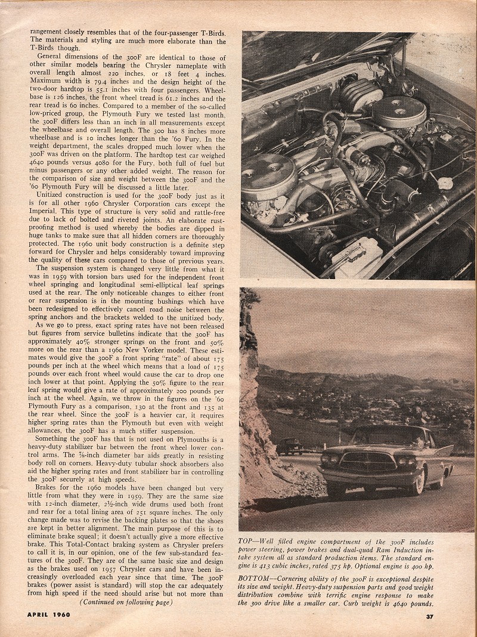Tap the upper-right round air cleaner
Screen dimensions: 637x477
point(399,110)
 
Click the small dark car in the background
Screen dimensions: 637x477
point(289,446)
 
